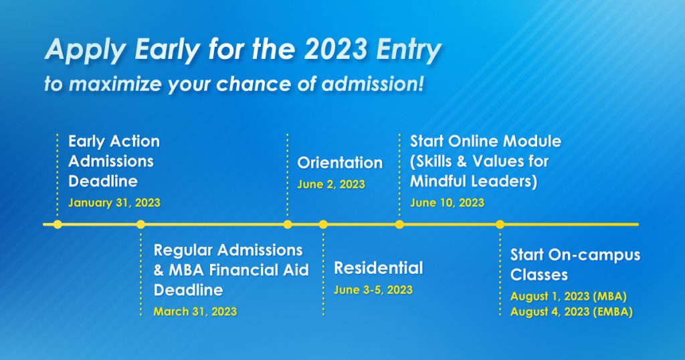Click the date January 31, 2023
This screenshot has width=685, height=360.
pos(114,203)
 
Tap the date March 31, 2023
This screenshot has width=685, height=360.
pos(195,312)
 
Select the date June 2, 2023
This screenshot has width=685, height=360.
pos(331,185)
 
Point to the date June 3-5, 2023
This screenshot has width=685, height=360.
pos(373,290)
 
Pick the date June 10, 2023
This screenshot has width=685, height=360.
pos(447,203)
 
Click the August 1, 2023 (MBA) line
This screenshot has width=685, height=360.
pos(569,296)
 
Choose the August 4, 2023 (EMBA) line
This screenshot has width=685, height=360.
pos(571,312)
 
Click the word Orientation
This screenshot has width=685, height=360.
pos(340,163)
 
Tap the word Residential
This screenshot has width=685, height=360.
pos(379,268)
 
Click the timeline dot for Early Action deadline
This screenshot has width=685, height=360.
pos(58,225)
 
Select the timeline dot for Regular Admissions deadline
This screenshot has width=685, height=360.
pos(140,225)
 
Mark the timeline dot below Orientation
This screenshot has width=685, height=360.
pos(288,225)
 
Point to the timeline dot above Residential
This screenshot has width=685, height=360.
pos(323,225)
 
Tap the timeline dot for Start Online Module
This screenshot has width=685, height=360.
pos(399,225)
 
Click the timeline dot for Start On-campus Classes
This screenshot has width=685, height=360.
pos(500,225)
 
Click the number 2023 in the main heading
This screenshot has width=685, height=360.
pos(335,50)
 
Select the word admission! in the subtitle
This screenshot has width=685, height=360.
pos(373,84)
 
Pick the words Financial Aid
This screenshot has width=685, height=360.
pos(259,270)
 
